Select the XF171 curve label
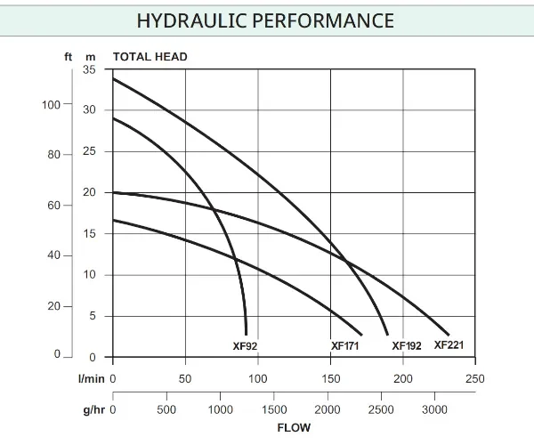click(344, 346)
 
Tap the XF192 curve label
click(407, 346)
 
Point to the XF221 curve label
click(449, 344)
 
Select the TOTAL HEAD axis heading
click(150, 57)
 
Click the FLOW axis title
click(294, 427)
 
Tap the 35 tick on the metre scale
click(89, 69)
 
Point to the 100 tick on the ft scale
click(52, 105)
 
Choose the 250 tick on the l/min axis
click(475, 379)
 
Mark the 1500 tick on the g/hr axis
click(275, 410)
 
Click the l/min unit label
click(92, 379)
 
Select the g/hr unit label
click(93, 410)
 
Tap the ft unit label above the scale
click(69, 57)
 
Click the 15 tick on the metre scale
click(89, 234)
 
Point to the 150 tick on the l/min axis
click(330, 379)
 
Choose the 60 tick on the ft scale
click(54, 206)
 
